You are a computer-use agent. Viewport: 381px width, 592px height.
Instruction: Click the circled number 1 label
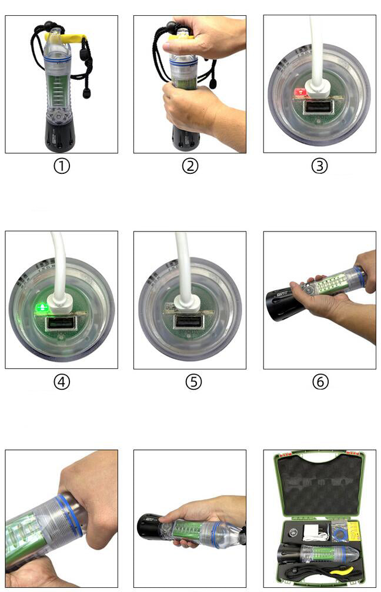tap(62, 166)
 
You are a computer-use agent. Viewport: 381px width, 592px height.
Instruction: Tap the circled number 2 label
tap(190, 166)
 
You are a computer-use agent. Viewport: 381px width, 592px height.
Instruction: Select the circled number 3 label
tap(319, 166)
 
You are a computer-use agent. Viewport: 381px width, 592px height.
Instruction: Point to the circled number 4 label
tap(62, 382)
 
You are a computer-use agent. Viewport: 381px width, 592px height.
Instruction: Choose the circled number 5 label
tap(193, 382)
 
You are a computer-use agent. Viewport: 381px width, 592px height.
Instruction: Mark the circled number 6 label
tap(320, 382)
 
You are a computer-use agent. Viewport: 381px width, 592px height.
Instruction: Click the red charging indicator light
tap(300, 92)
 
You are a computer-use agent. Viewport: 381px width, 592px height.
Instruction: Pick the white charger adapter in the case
tap(312, 530)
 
